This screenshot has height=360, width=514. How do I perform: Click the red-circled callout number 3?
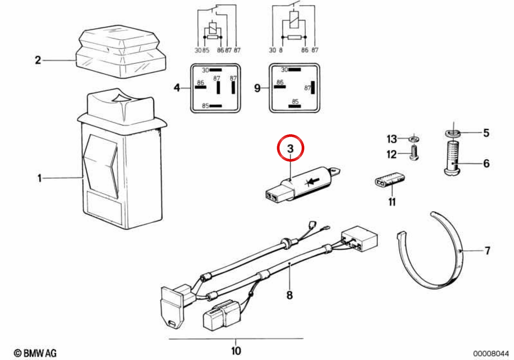point(290,149)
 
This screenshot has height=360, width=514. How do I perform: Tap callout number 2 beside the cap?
point(38,60)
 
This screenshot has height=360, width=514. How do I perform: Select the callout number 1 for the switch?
point(39,178)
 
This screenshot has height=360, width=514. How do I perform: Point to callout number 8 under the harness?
point(290,295)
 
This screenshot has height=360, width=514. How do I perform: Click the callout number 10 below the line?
point(236,351)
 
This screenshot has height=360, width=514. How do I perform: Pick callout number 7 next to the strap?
point(487,250)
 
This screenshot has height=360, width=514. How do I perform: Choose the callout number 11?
point(392,202)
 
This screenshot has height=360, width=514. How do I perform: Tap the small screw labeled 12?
point(414,153)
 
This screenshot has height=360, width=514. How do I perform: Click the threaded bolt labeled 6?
point(451,158)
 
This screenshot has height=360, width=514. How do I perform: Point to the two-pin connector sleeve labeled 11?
point(389,180)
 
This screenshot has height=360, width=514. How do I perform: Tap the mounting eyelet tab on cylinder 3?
point(335,171)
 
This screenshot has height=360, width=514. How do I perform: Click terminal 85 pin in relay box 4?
point(215,106)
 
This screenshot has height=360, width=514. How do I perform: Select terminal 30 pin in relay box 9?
point(294,69)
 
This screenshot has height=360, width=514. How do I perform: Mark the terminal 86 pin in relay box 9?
point(280,87)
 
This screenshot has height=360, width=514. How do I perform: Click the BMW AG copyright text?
point(35,353)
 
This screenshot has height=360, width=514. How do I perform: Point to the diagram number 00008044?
point(491,353)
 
